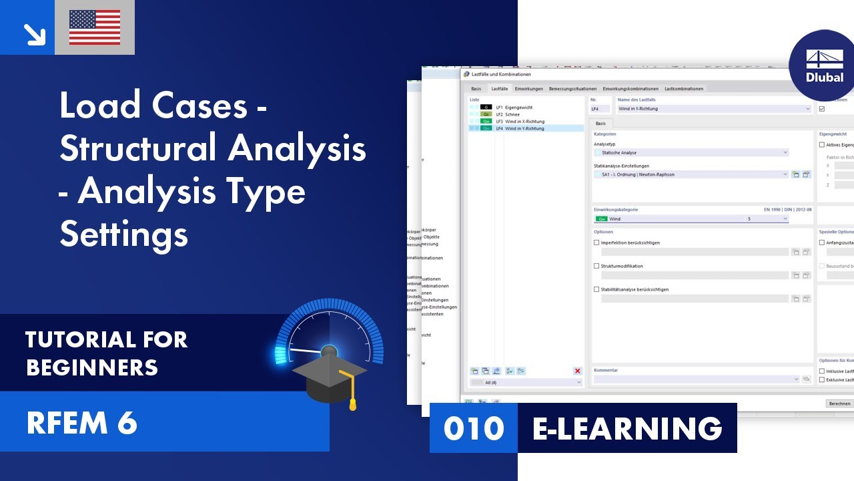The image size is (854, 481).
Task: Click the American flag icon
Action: (x=95, y=27)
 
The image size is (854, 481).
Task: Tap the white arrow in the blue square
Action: (x=27, y=28)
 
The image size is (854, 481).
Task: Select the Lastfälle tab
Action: (x=499, y=89)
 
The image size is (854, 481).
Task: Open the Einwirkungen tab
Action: (x=528, y=89)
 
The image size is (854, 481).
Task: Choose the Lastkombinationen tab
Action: (x=683, y=89)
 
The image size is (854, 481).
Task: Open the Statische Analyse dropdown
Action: (x=690, y=152)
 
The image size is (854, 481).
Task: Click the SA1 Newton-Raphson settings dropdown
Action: (x=690, y=174)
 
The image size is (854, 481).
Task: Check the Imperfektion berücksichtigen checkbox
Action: (x=596, y=243)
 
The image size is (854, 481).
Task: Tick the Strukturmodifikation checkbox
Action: (x=596, y=266)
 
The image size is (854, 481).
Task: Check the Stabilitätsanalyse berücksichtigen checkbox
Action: (x=596, y=289)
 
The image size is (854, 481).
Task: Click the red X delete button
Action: (x=577, y=371)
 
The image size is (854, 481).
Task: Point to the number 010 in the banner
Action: (x=474, y=428)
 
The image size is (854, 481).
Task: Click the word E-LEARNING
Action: (x=626, y=428)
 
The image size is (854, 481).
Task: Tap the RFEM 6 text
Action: (x=81, y=423)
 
